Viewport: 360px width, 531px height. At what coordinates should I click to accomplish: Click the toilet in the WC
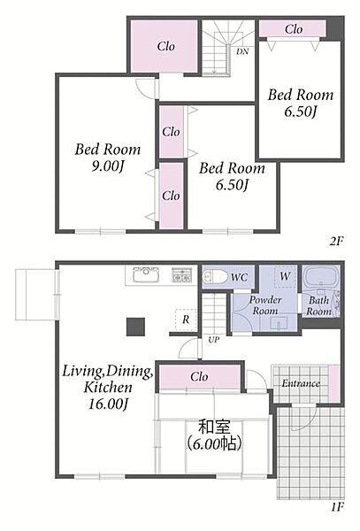click(x=215, y=277)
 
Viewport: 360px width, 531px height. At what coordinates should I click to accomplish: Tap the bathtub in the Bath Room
click(x=320, y=279)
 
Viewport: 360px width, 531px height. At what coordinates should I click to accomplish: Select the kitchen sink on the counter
click(x=146, y=274)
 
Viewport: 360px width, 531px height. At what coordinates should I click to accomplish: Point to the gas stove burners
click(x=182, y=275)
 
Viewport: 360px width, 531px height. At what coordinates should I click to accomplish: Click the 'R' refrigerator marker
click(x=186, y=319)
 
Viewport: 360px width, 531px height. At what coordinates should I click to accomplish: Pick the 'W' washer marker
click(x=285, y=276)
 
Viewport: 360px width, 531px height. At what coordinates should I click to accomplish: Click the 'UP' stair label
click(x=213, y=340)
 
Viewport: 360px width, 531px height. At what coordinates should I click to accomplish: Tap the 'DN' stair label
click(x=242, y=52)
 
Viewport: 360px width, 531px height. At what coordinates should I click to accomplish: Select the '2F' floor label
click(x=337, y=241)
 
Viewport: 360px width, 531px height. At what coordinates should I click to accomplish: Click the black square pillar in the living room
click(x=135, y=327)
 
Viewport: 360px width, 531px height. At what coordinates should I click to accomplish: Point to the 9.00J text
click(x=108, y=166)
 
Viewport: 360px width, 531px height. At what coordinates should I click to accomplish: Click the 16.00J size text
click(x=108, y=404)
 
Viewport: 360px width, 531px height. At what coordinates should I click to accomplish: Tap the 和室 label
click(x=214, y=427)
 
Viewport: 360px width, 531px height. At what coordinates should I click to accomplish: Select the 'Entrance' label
click(x=301, y=383)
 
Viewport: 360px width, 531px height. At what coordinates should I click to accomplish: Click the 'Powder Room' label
click(x=265, y=305)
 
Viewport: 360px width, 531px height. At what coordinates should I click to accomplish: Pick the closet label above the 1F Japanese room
click(x=199, y=377)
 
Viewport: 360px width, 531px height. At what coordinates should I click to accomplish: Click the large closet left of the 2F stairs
click(x=165, y=46)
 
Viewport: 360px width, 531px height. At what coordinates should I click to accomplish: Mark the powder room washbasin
click(x=279, y=323)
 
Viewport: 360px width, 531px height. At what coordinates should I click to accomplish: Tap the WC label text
click(x=239, y=278)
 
